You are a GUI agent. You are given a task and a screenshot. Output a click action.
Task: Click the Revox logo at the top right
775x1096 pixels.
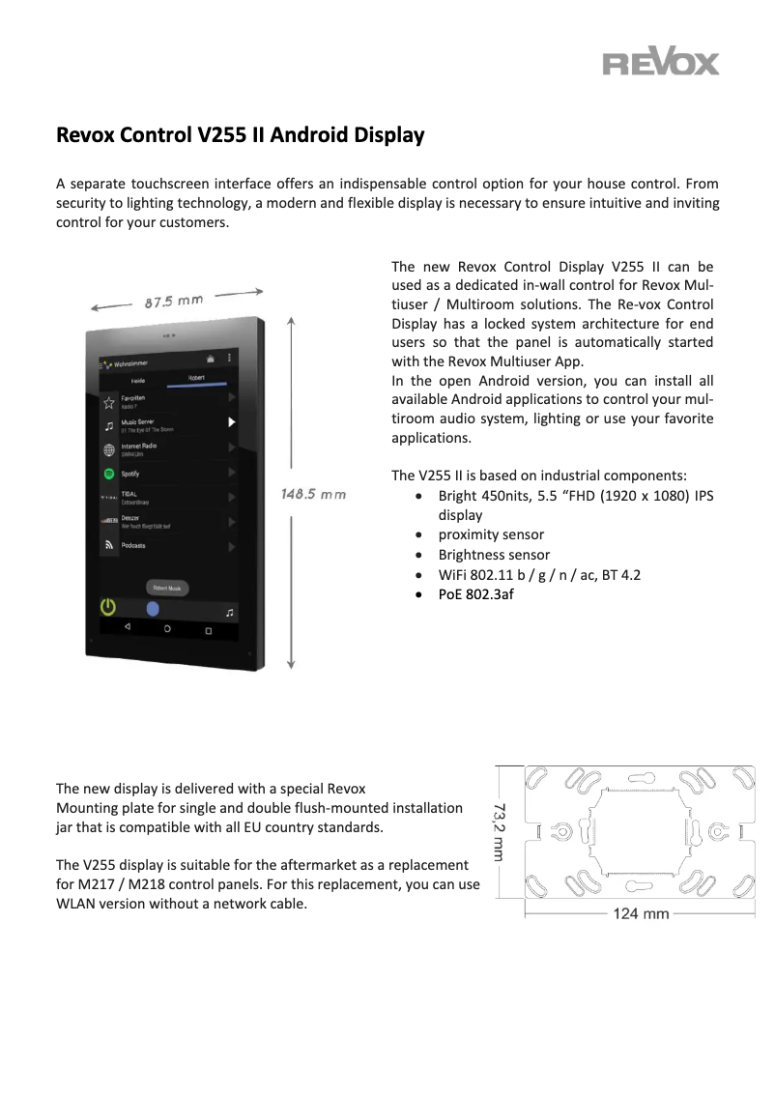tap(661, 64)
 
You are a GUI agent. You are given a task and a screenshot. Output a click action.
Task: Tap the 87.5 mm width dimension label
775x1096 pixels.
tap(174, 301)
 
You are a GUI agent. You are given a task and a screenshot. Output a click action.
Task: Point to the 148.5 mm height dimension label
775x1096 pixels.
tap(313, 494)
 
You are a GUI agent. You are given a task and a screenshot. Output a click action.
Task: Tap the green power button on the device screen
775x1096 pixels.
tap(109, 607)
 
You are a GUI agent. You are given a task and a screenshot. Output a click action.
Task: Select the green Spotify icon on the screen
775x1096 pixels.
tap(109, 474)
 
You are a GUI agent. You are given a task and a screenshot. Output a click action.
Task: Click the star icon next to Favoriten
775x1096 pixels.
tap(109, 400)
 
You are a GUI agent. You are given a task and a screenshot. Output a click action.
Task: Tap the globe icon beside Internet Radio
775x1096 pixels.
tap(109, 449)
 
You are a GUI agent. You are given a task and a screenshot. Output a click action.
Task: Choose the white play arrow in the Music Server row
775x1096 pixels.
tap(231, 422)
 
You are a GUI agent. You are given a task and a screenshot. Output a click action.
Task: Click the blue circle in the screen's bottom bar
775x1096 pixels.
tap(153, 608)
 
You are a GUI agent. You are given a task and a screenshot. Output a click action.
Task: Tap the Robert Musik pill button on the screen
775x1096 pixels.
tap(166, 587)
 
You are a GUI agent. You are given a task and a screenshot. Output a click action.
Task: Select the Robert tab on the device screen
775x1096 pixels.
tap(196, 378)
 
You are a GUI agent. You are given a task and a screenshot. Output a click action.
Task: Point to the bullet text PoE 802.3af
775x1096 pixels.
tap(475, 594)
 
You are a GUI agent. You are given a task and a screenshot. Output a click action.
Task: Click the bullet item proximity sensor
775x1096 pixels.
tap(491, 534)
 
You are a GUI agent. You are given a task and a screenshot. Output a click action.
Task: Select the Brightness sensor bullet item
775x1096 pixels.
tap(494, 555)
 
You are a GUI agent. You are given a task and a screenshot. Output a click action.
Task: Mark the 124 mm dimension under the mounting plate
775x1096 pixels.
tap(641, 913)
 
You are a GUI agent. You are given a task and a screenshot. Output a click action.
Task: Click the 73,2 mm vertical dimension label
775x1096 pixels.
tap(500, 830)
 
